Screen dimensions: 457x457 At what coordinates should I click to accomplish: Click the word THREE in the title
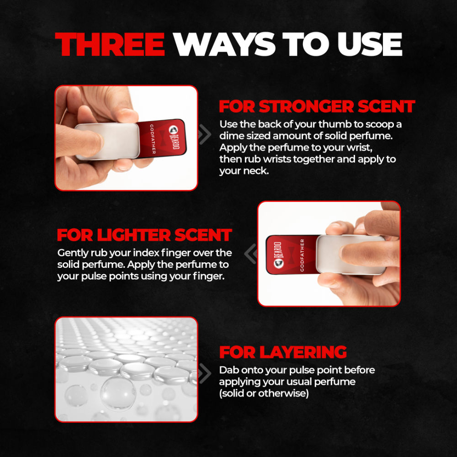click(110, 44)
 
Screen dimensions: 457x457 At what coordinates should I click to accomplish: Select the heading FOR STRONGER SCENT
click(317, 106)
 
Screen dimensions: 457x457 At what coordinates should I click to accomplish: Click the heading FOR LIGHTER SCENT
click(144, 235)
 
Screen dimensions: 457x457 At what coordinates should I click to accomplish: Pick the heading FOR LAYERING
click(283, 352)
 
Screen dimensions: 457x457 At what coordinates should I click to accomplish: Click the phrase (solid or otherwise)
click(264, 393)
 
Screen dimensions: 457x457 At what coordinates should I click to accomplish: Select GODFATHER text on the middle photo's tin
click(302, 255)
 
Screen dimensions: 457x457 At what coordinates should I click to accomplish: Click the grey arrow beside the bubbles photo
click(205, 373)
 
